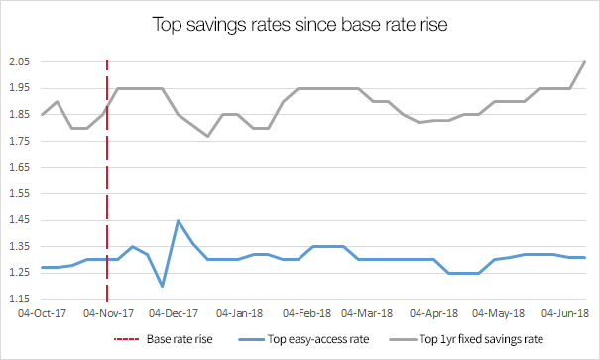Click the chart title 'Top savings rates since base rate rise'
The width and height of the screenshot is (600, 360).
pyautogui.click(x=300, y=22)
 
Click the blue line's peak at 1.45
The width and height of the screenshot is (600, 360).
pyautogui.click(x=178, y=221)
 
